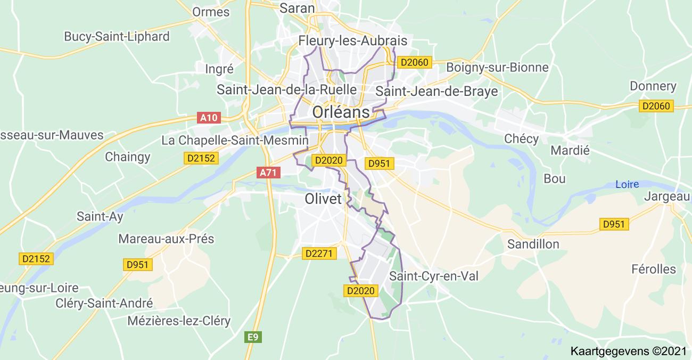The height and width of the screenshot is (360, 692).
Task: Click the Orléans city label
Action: click(341, 112)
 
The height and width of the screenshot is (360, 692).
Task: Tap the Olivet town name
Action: click(323, 199)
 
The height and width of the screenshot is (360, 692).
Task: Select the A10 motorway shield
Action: click(208, 118)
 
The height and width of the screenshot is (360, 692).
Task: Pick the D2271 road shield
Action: click(320, 253)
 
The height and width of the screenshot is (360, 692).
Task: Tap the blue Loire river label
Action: click(627, 184)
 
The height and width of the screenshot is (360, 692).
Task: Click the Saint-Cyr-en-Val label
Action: click(434, 276)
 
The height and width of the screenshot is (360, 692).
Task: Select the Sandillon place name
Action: click(533, 244)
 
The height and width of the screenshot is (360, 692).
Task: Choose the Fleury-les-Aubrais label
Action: click(353, 40)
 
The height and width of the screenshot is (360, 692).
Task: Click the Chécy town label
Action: click(522, 138)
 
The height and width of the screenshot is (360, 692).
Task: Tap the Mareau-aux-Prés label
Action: click(166, 239)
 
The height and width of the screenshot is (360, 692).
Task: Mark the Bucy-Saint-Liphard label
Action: click(117, 36)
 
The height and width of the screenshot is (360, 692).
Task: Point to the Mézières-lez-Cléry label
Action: click(179, 321)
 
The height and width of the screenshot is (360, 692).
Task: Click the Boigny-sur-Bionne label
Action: click(497, 67)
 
